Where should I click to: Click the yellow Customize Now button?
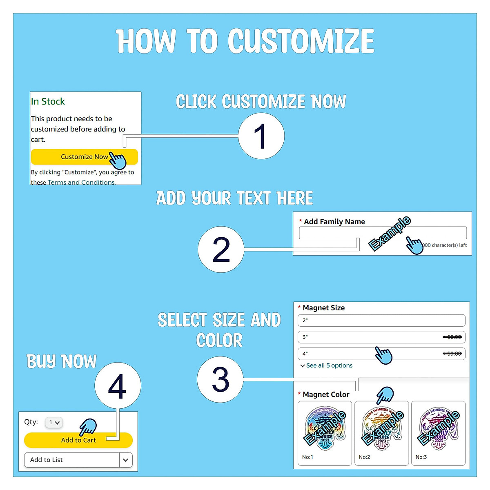pos(84,157)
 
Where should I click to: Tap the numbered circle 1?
pos(261,136)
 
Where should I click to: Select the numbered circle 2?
pos(221,249)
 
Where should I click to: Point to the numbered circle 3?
pos(220,379)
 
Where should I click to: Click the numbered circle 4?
pos(118,386)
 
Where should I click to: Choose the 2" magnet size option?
pos(381,321)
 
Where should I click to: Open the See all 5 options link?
pos(329,365)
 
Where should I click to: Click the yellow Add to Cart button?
pos(78,440)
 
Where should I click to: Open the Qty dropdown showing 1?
pos(54,423)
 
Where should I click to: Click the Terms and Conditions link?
pos(81,182)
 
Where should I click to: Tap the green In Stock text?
pos(48,102)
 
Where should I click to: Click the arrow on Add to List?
pos(126,460)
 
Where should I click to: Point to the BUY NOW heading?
pos(62,361)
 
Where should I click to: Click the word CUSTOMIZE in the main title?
pos(301,41)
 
